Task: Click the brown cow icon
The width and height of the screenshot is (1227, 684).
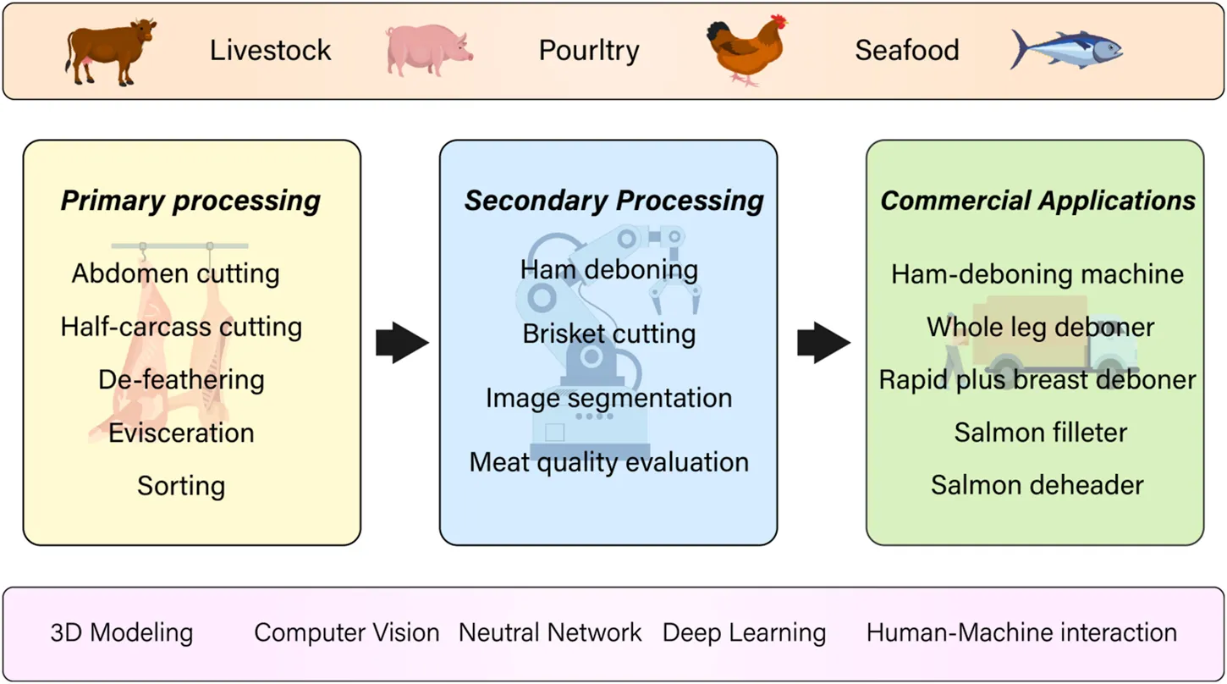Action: coord(110,52)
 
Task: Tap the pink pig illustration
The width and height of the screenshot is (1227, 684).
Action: coord(428,50)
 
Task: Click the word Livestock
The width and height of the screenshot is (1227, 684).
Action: coord(271,51)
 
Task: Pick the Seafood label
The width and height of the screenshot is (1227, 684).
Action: coord(906,51)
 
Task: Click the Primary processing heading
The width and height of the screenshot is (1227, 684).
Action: coord(191,201)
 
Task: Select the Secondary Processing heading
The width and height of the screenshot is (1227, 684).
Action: coord(613,201)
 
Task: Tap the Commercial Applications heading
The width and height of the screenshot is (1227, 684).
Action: coord(1038,201)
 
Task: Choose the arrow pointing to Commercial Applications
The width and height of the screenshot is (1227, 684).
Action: coord(823,342)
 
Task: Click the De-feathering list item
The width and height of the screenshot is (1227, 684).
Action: coord(181,380)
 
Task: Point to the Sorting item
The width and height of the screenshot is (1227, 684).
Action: coord(181,487)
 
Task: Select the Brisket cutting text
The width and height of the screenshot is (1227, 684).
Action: coord(609,334)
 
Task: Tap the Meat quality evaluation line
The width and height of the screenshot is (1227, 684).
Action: coord(609,463)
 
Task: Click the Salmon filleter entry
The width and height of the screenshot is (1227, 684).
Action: coord(1040,433)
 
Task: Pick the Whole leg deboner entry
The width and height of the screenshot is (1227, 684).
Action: coord(1040,327)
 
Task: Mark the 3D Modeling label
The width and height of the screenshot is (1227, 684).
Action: coord(122,633)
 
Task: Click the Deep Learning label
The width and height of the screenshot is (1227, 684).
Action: coord(744,633)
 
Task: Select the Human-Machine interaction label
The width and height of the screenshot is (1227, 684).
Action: coord(1021,633)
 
